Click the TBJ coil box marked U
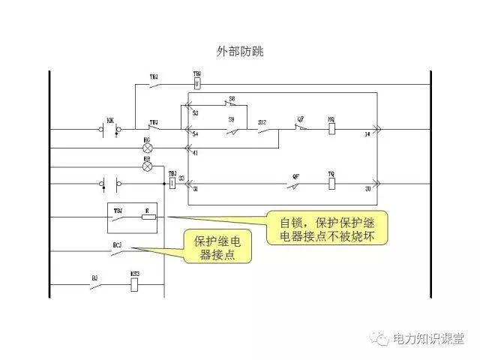[197, 84]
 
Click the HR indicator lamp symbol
[147, 166]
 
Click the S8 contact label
[232, 98]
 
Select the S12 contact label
[262, 121]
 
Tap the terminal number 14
[367, 134]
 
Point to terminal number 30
[367, 189]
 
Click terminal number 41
[196, 153]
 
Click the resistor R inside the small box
[148, 218]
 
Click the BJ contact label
[95, 277]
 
